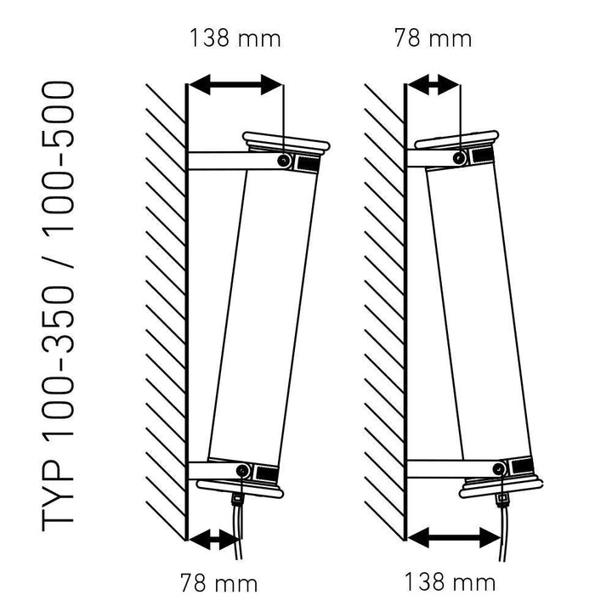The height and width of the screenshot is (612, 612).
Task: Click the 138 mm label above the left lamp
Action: tap(235, 39)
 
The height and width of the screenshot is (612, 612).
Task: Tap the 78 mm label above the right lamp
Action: tap(433, 39)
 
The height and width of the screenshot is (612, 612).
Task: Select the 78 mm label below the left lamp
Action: tap(219, 583)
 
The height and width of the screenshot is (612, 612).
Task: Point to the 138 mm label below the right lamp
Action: tap(450, 582)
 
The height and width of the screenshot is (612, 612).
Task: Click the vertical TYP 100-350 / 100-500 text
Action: tap(58, 306)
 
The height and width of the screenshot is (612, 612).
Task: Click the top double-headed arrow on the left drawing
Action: tap(235, 85)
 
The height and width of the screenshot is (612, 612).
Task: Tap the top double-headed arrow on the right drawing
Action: tap(433, 85)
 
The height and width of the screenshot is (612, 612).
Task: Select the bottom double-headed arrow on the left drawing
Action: tap(213, 540)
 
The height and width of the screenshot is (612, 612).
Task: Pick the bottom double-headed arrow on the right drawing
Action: tap(454, 538)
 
